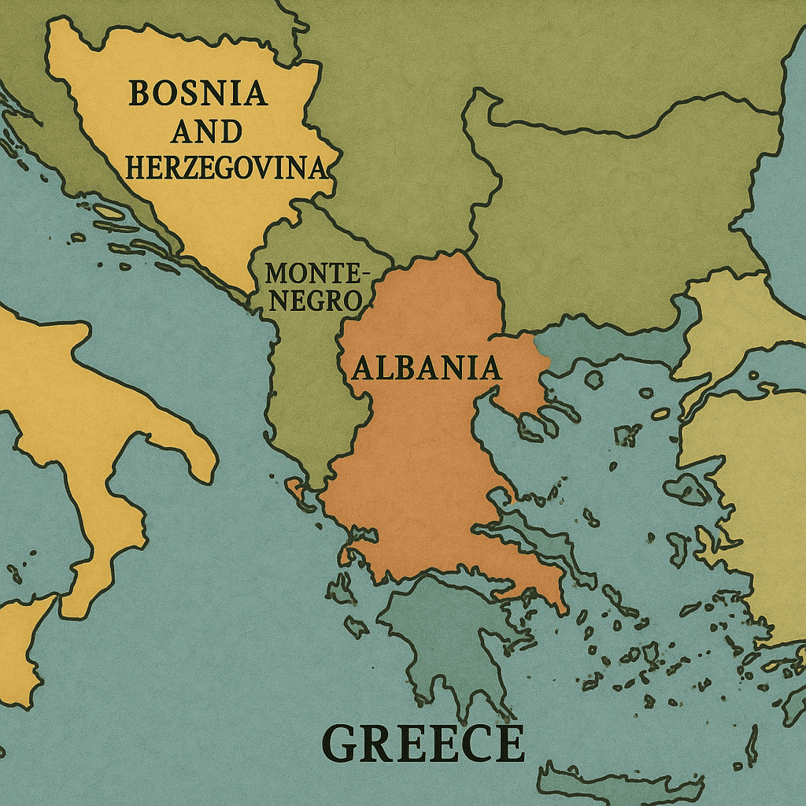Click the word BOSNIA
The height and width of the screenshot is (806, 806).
pyautogui.click(x=198, y=94)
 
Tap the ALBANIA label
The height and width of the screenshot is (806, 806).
pyautogui.click(x=426, y=368)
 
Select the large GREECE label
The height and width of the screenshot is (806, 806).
pyautogui.click(x=423, y=744)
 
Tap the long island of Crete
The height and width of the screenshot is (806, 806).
pyautogui.click(x=622, y=783)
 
